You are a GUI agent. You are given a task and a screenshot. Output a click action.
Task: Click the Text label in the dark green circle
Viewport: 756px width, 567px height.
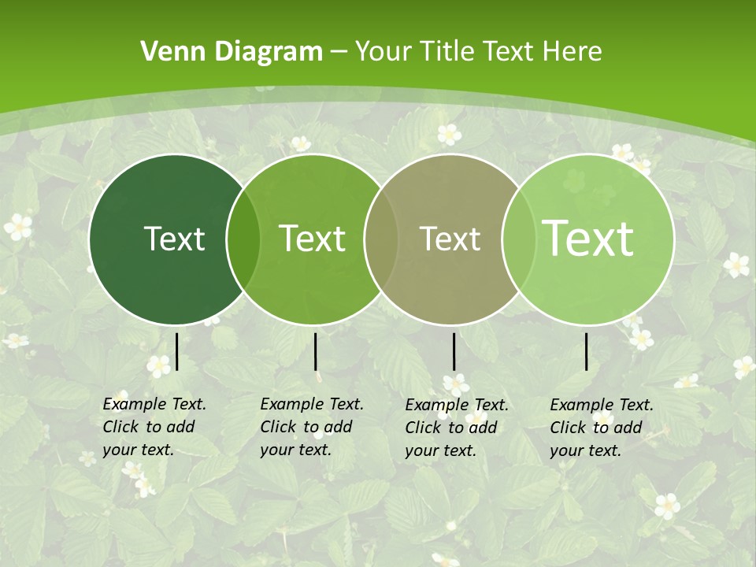tap(174, 239)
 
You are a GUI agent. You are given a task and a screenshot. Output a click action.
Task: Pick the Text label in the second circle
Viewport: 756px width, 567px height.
tap(312, 239)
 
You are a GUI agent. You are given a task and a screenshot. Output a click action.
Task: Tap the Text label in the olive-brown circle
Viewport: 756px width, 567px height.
tap(450, 239)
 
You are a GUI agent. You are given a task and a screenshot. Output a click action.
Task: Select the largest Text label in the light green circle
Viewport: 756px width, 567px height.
tap(588, 239)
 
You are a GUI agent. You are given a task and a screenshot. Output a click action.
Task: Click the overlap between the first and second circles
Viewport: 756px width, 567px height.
tap(243, 239)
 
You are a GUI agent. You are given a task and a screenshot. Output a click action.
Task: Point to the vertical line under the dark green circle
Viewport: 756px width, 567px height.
tap(177, 351)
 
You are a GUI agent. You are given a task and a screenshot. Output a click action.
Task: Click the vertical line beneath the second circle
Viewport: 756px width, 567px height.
tap(315, 351)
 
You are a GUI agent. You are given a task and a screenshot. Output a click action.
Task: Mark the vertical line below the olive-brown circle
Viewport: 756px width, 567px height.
tap(454, 351)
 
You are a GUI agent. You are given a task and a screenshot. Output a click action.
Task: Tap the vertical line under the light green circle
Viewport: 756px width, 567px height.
tap(586, 351)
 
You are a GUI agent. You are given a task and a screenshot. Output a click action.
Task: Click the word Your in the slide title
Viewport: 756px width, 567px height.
tap(381, 52)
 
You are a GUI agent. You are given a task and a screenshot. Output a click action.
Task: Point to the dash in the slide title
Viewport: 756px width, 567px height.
tap(339, 52)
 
